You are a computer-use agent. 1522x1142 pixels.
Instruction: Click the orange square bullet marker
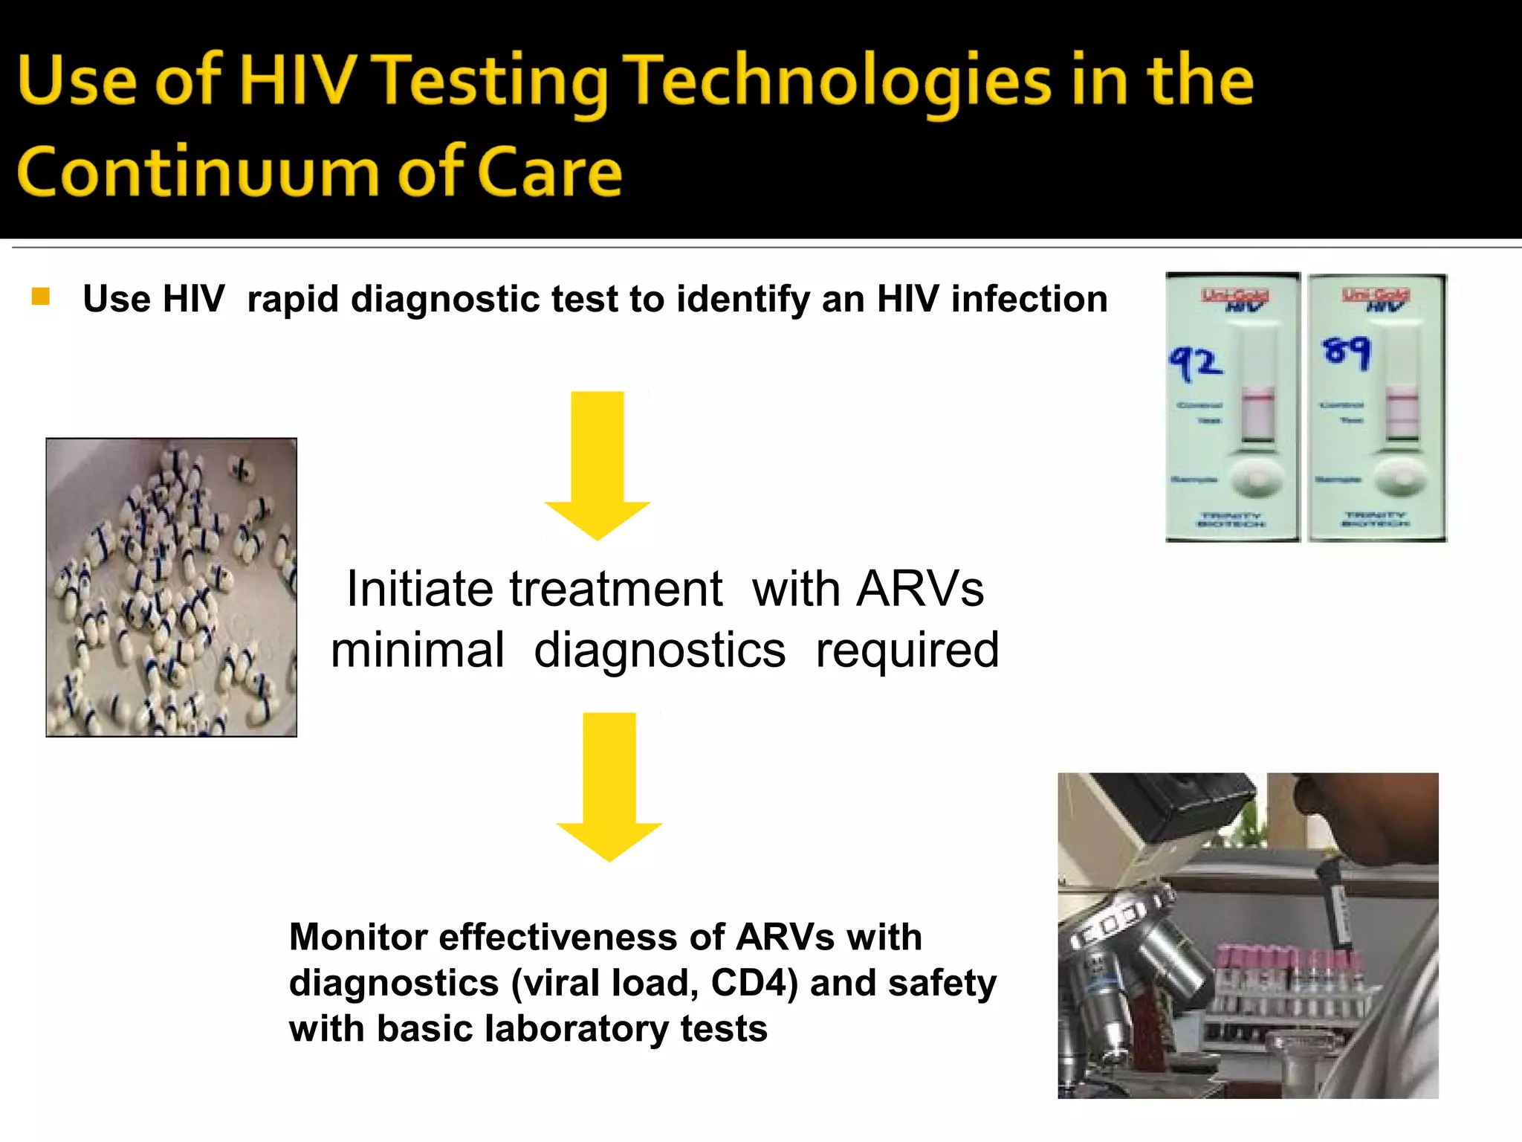[x=41, y=297]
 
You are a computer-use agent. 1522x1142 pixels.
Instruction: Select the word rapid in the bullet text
[x=293, y=300]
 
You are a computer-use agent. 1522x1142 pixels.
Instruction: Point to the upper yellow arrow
[x=598, y=465]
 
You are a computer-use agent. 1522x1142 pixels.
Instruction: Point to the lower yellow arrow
[x=609, y=786]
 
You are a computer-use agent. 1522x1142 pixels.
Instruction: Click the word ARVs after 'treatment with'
[x=920, y=589]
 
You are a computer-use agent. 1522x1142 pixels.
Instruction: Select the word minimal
[x=418, y=650]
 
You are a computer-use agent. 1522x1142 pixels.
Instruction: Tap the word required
[x=907, y=650]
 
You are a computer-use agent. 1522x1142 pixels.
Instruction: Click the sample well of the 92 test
[x=1257, y=478]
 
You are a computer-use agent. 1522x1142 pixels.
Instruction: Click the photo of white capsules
[x=172, y=587]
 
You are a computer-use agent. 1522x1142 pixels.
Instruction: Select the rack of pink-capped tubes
[x=1293, y=981]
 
